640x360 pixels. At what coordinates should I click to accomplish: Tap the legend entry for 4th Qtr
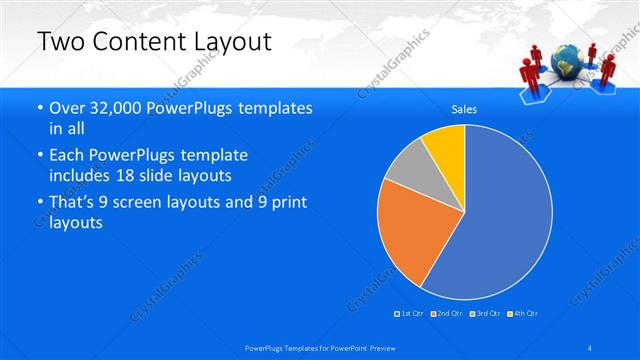point(524,314)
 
